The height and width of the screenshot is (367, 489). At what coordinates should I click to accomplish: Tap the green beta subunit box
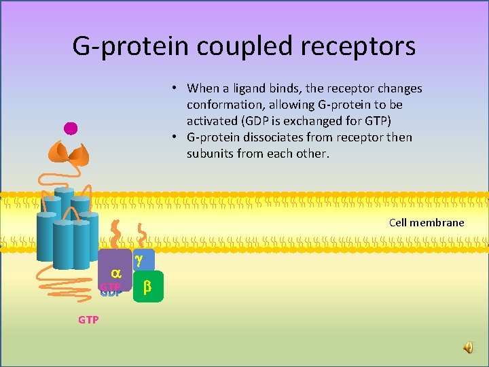click(148, 287)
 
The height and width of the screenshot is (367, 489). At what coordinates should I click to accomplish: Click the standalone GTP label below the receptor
click(88, 319)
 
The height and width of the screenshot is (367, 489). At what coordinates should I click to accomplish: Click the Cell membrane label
click(427, 222)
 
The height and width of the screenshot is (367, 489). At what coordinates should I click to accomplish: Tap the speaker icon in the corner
click(469, 347)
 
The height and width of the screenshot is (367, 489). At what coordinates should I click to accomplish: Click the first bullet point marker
click(175, 88)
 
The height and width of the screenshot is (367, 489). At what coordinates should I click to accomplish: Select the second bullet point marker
click(175, 137)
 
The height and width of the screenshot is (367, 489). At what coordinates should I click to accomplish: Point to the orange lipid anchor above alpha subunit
click(115, 234)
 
